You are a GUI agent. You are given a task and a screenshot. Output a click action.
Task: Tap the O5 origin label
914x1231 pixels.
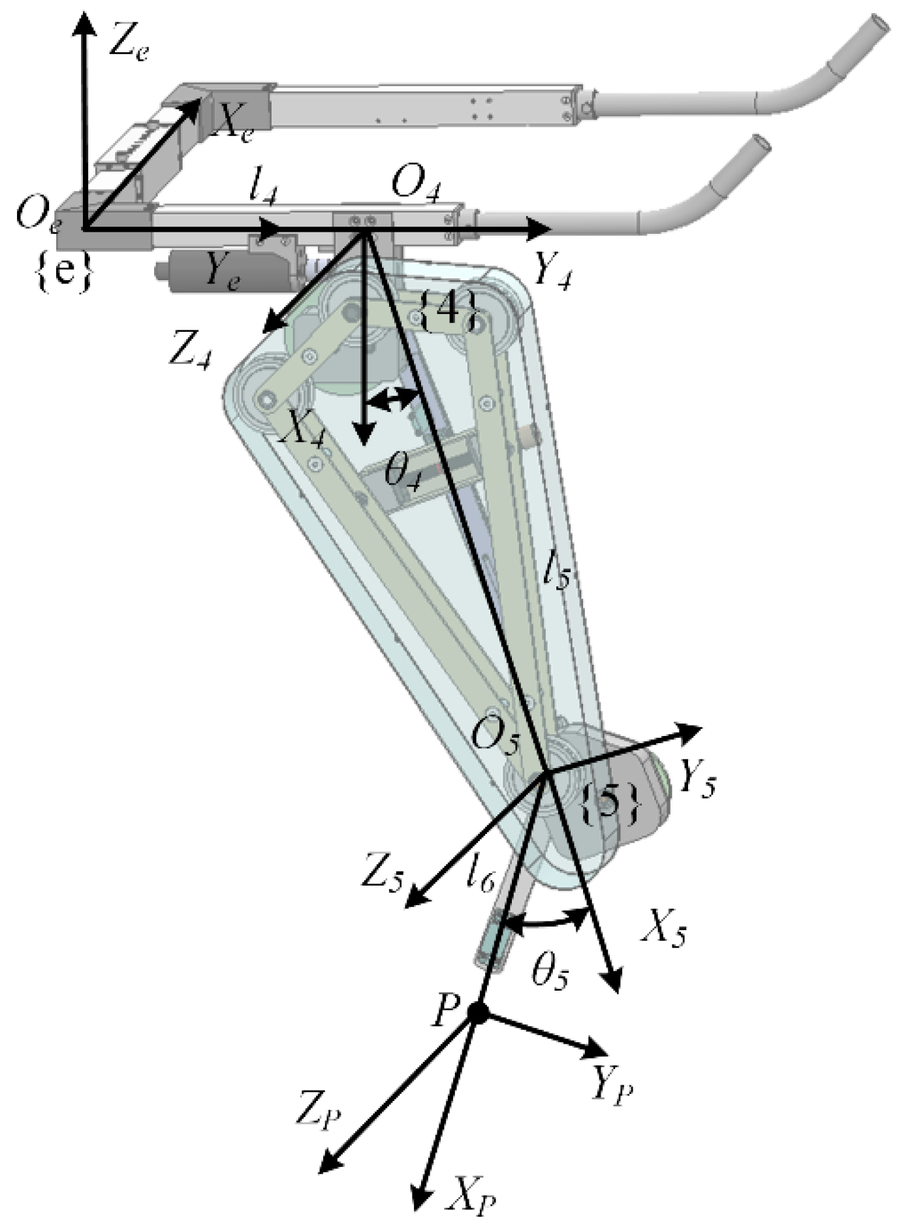coord(496,739)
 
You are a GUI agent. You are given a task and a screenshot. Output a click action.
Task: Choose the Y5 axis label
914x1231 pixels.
coord(697,780)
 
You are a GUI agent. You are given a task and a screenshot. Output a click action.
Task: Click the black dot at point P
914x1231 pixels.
coord(477,1013)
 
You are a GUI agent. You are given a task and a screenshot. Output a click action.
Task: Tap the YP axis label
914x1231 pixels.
coord(612,1087)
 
